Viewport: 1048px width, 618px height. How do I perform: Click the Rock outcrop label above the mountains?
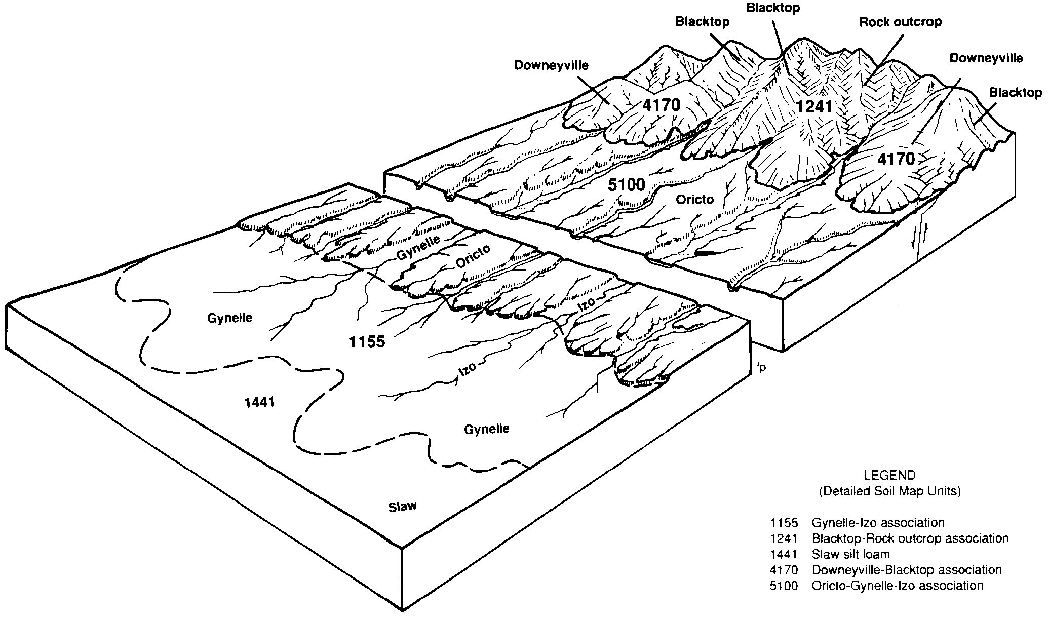click(x=900, y=22)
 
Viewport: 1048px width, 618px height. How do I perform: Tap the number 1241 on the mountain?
click(x=814, y=107)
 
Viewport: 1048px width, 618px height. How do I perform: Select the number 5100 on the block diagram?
click(x=627, y=185)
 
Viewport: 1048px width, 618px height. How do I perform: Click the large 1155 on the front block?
click(x=367, y=342)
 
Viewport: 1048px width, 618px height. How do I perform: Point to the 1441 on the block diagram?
click(x=259, y=402)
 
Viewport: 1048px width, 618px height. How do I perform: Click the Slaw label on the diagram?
click(x=402, y=506)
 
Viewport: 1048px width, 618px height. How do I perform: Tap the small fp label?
click(x=761, y=368)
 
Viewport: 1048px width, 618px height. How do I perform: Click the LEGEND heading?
click(x=889, y=476)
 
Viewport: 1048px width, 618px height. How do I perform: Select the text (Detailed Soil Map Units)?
click(x=889, y=491)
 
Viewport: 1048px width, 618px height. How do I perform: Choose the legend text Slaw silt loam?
click(x=850, y=554)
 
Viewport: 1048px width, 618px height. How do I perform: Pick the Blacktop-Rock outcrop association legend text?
click(x=910, y=538)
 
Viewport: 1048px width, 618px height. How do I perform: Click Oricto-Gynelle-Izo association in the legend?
click(x=897, y=586)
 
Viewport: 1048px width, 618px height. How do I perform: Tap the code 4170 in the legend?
click(x=784, y=570)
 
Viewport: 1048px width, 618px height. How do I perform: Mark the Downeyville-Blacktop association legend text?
click(x=907, y=570)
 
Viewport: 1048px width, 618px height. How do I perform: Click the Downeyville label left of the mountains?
click(x=552, y=65)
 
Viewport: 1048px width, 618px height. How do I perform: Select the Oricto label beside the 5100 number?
click(x=694, y=200)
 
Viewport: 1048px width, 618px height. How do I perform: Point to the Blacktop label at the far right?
click(x=1015, y=93)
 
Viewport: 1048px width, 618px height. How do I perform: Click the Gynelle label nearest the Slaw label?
click(x=487, y=429)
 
